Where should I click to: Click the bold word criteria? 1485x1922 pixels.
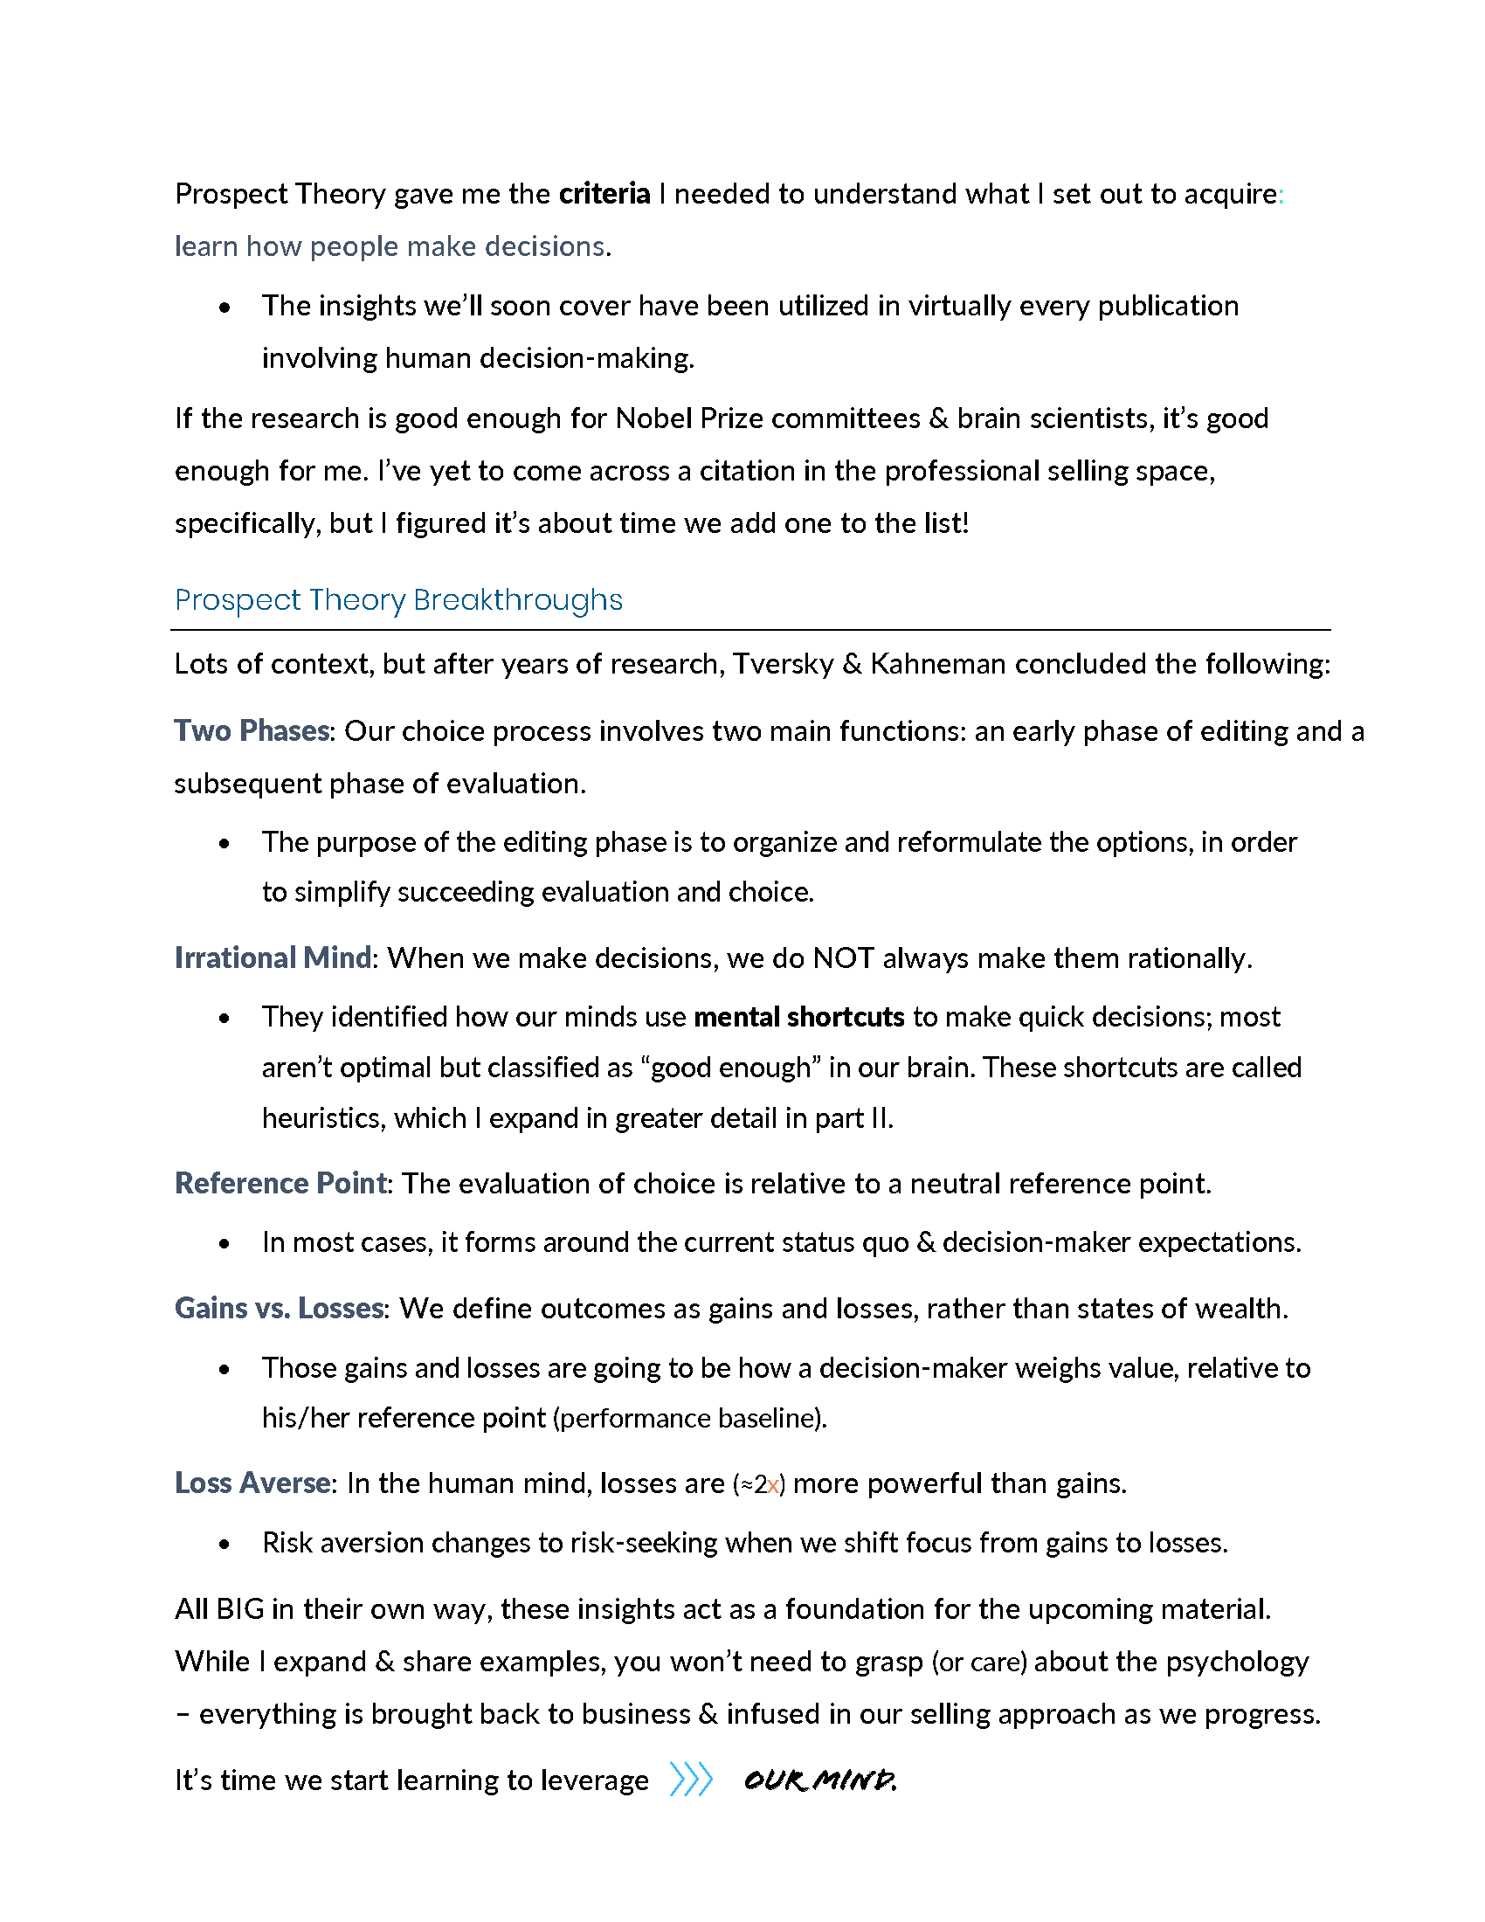[604, 194]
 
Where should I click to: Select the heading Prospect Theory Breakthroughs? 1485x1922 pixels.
[398, 600]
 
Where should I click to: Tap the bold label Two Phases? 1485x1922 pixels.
[252, 731]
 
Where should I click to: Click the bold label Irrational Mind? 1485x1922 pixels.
[273, 958]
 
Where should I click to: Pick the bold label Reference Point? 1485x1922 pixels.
[280, 1184]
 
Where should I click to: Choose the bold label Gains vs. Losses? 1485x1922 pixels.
[279, 1309]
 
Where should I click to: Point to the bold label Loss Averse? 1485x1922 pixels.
[252, 1483]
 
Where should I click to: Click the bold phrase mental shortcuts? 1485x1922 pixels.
[798, 1017]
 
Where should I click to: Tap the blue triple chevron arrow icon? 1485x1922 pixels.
[691, 1780]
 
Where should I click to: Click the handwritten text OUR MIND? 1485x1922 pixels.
[820, 1781]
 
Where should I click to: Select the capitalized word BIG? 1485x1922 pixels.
[240, 1609]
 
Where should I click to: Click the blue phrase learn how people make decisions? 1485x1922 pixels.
[390, 246]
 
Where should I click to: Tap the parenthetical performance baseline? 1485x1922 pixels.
[690, 1419]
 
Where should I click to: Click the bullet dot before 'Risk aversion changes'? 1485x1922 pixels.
[225, 1545]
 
